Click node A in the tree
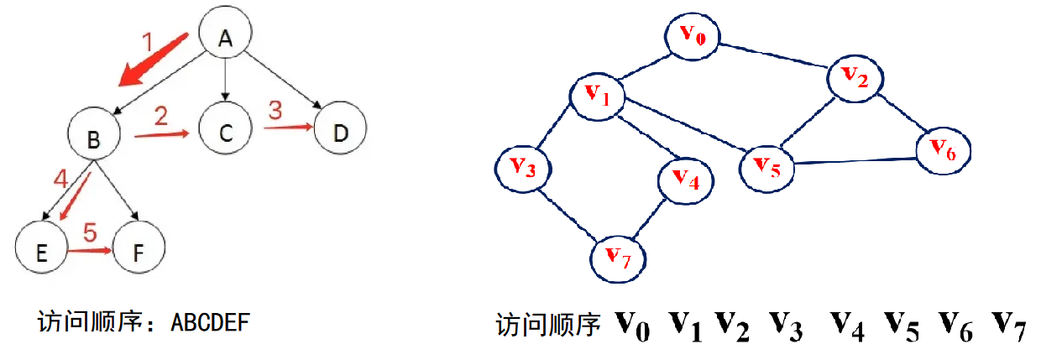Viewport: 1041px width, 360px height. [225, 38]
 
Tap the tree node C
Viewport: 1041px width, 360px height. [225, 132]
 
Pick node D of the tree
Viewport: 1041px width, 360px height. [341, 132]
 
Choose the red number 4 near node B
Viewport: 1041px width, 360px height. [59, 179]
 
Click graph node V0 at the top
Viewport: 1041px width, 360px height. [693, 35]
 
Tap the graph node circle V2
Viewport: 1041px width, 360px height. [855, 78]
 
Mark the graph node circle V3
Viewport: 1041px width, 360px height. [522, 168]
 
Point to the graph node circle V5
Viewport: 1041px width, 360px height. [766, 166]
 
